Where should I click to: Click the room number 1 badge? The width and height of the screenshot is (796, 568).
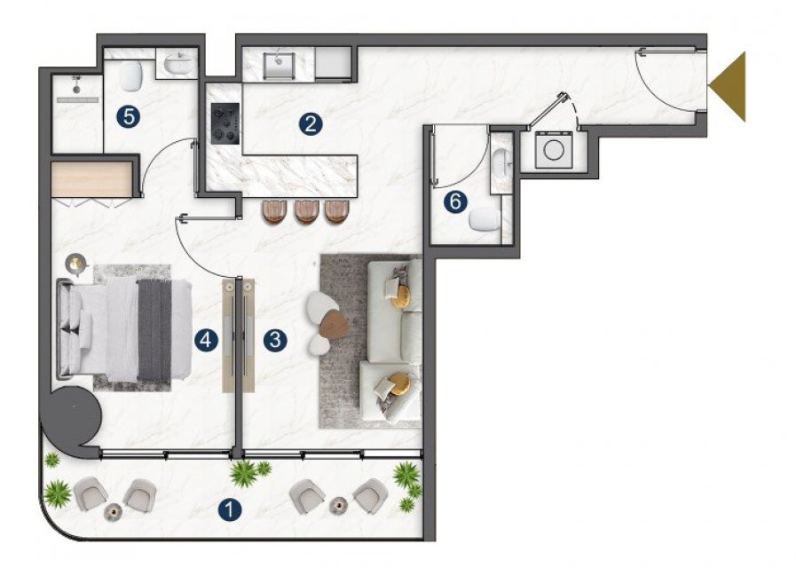pos(230,509)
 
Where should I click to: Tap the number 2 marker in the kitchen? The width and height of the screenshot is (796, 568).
pos(311,124)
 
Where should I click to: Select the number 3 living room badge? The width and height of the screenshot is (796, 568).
pos(275,339)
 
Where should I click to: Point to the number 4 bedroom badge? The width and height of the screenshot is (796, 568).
pos(206,340)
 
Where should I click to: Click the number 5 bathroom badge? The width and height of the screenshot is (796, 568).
pos(129,117)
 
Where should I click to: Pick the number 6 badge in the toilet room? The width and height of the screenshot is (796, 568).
pos(455,202)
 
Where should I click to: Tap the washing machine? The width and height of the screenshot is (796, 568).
pos(554,149)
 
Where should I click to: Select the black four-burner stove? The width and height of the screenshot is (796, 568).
pos(225,123)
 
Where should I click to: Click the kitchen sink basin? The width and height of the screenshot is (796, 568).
pos(279,65)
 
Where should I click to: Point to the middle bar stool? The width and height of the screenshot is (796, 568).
pos(306,211)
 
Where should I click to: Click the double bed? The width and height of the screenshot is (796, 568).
pos(125,329)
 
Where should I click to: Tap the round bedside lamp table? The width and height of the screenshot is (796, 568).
pos(76,264)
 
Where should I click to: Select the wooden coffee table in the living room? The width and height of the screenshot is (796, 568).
pos(334,323)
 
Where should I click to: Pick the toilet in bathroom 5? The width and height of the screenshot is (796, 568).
pos(131,77)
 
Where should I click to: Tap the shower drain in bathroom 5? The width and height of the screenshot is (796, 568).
pos(76,90)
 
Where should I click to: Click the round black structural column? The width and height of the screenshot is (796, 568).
pos(72,416)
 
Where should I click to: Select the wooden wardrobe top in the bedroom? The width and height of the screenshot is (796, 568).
pos(91,179)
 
